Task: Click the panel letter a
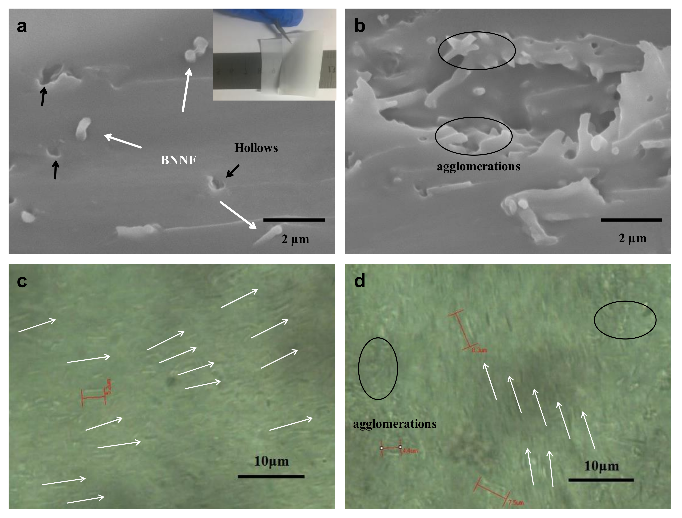(x=22, y=26)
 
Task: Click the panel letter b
(x=360, y=26)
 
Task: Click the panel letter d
(x=360, y=281)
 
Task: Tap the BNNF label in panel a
(x=178, y=160)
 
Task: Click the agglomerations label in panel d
(x=395, y=424)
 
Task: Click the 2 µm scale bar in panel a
(x=294, y=220)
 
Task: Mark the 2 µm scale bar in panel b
(x=631, y=220)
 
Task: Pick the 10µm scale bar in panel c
(x=271, y=476)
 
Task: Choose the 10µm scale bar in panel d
(x=601, y=480)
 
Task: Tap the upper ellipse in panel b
(x=477, y=51)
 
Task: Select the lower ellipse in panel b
(x=474, y=136)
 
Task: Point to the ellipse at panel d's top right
(x=625, y=320)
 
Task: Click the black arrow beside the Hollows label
(x=232, y=171)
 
